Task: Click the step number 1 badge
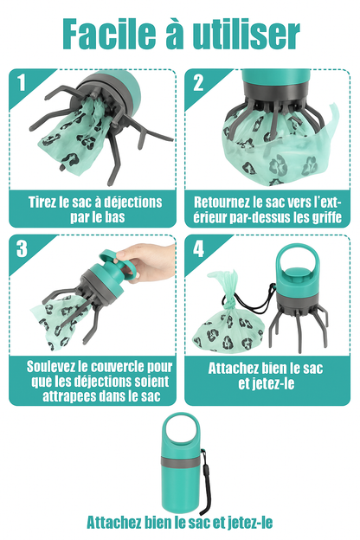click(x=20, y=84)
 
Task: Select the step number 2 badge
click(x=198, y=84)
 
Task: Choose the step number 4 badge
click(x=198, y=249)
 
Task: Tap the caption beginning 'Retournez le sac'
click(x=268, y=209)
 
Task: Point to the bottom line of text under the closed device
click(x=180, y=523)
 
